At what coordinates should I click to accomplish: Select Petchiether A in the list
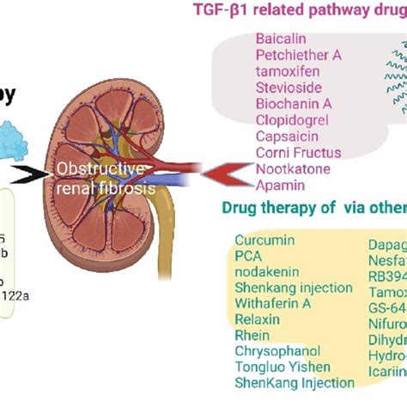[298, 55]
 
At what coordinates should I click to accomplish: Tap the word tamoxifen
[286, 71]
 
